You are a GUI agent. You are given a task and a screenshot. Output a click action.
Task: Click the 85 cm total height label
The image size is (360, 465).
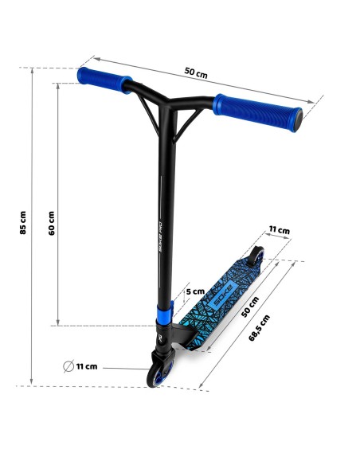23,223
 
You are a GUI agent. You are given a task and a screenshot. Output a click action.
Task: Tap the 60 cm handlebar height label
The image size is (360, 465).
52,223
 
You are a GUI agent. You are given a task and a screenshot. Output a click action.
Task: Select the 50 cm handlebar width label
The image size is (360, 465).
196,73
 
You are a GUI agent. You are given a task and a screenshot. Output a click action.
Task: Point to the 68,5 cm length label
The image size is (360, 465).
259,328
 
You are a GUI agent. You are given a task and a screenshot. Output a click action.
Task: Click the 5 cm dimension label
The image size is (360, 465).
195,291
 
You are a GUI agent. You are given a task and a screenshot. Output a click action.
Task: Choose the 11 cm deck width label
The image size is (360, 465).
280,230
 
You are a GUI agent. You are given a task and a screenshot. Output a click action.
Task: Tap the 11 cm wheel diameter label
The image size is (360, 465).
87,366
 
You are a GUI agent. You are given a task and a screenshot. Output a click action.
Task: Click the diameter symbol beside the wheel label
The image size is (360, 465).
68,366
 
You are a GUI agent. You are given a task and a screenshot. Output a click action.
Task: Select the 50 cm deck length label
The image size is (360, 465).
249,307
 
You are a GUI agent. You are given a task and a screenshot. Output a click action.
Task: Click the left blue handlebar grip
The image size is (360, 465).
104,80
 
